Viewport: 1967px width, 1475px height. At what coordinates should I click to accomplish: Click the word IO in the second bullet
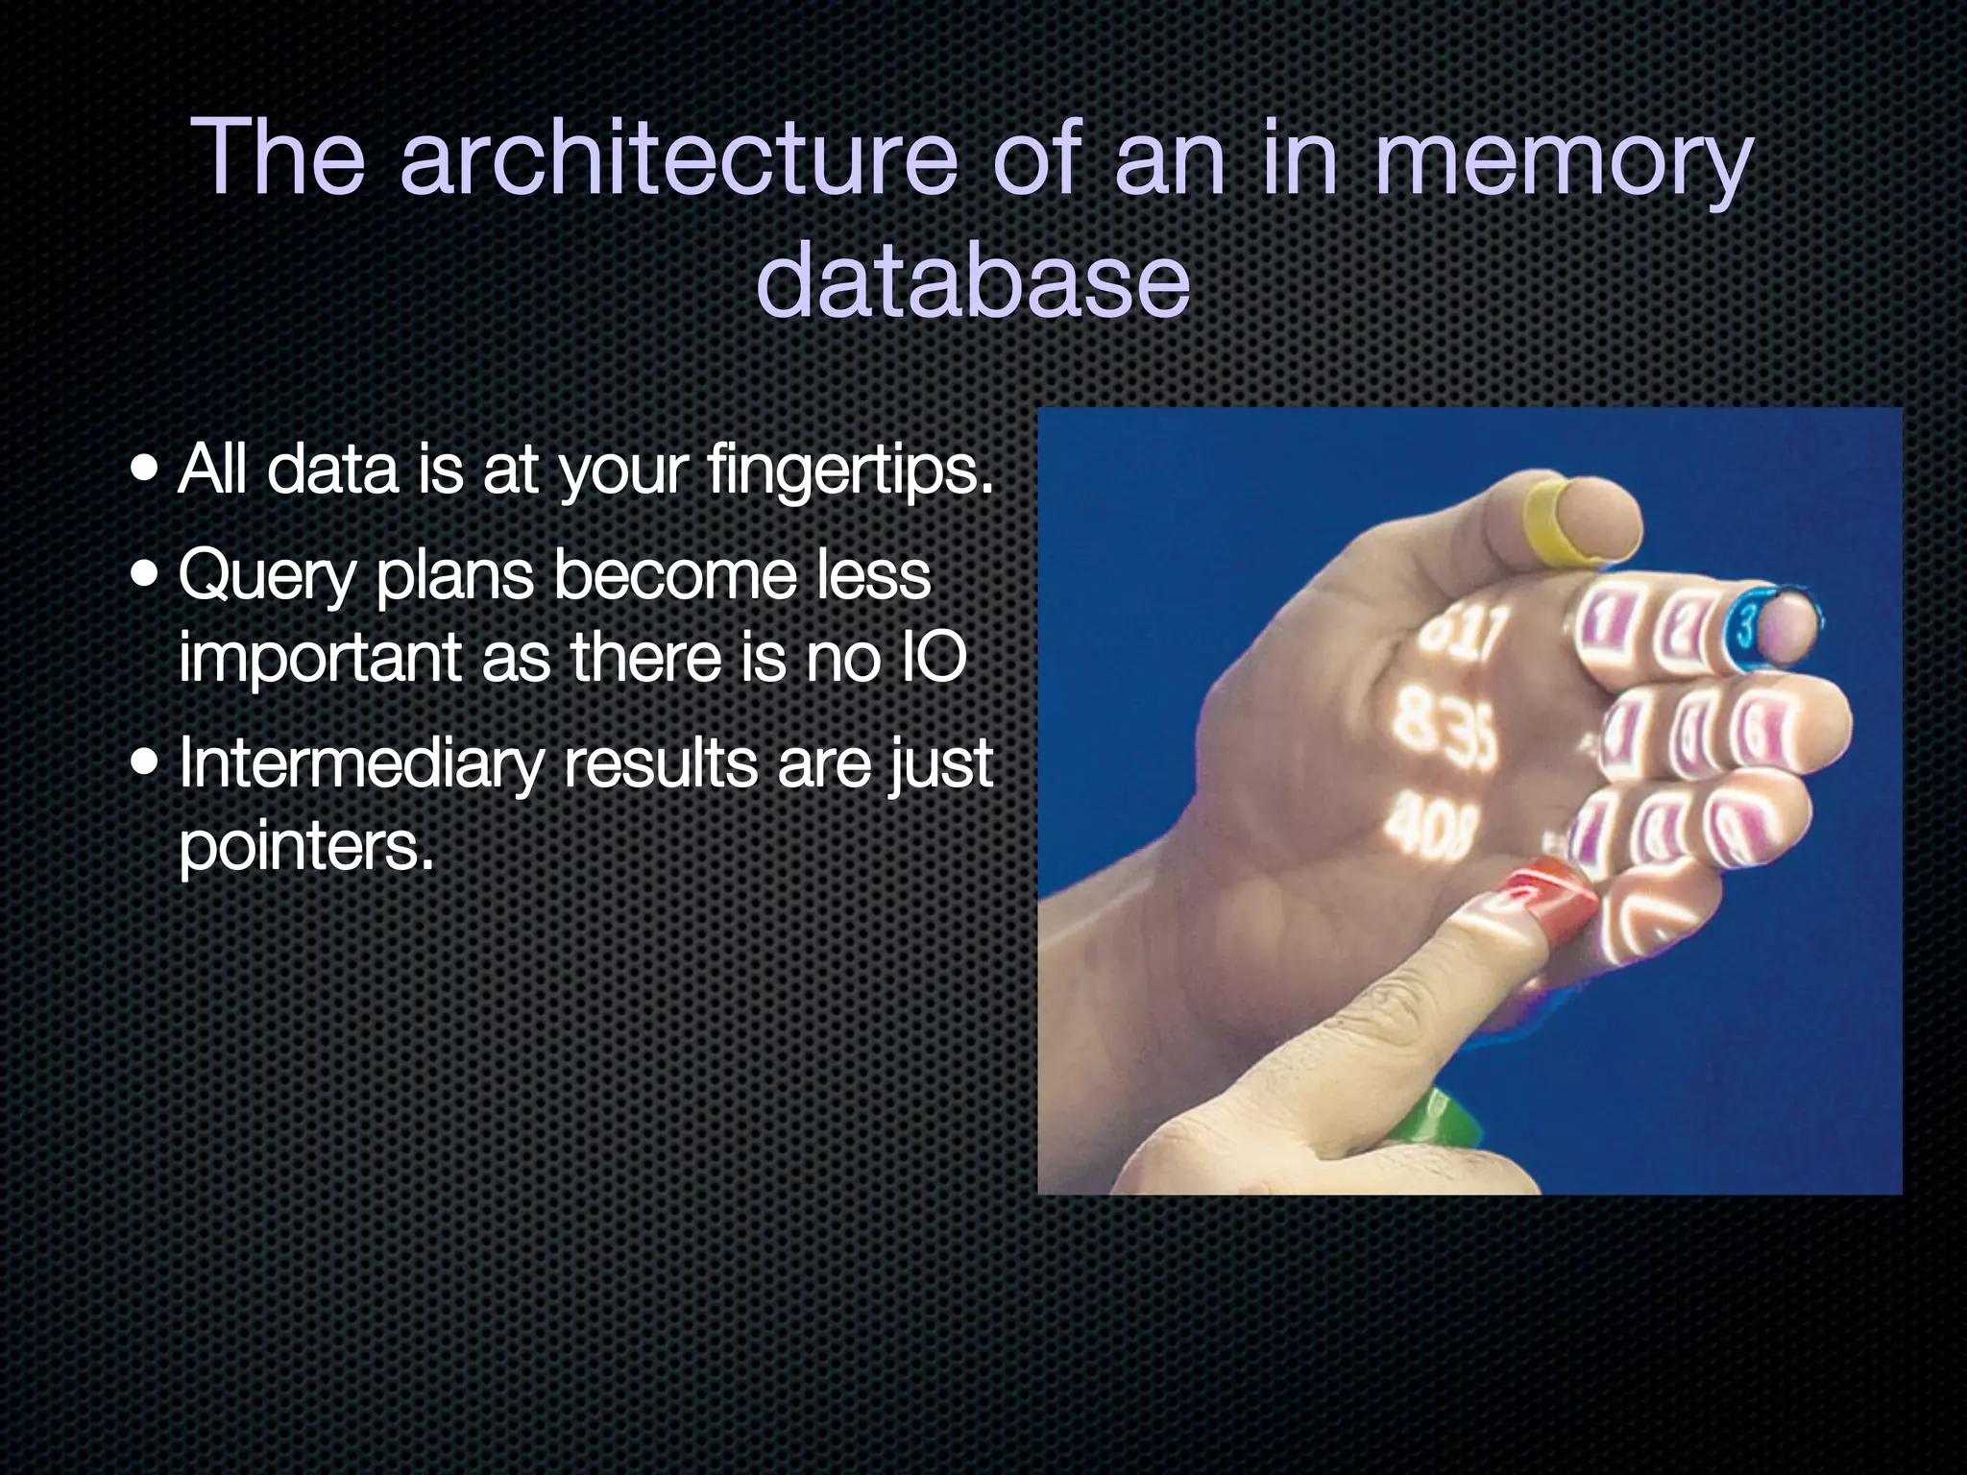926,660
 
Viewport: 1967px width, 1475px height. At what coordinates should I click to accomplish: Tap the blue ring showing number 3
1745,630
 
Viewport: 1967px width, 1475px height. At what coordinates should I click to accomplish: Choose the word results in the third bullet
660,765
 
